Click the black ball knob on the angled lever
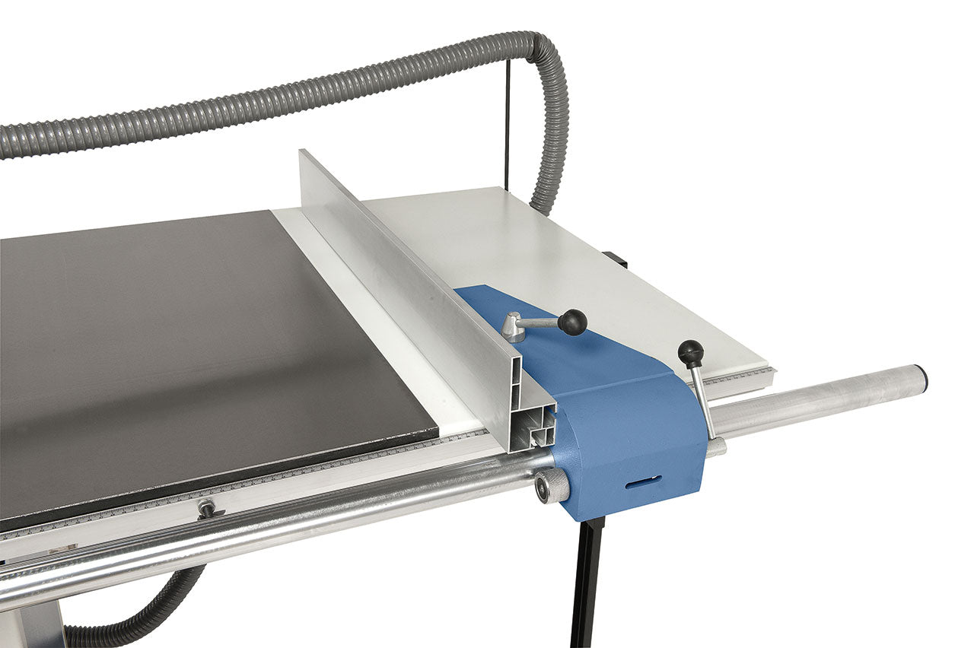pyautogui.click(x=573, y=322)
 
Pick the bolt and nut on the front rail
pyautogui.click(x=206, y=508)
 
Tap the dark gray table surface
pyautogui.click(x=190, y=342)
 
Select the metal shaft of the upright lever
pyautogui.click(x=704, y=399)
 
